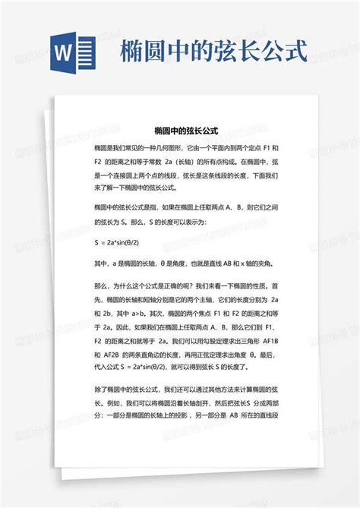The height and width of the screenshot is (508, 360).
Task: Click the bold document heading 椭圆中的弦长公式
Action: (180, 131)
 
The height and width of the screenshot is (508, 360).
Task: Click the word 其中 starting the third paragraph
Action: (100, 263)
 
